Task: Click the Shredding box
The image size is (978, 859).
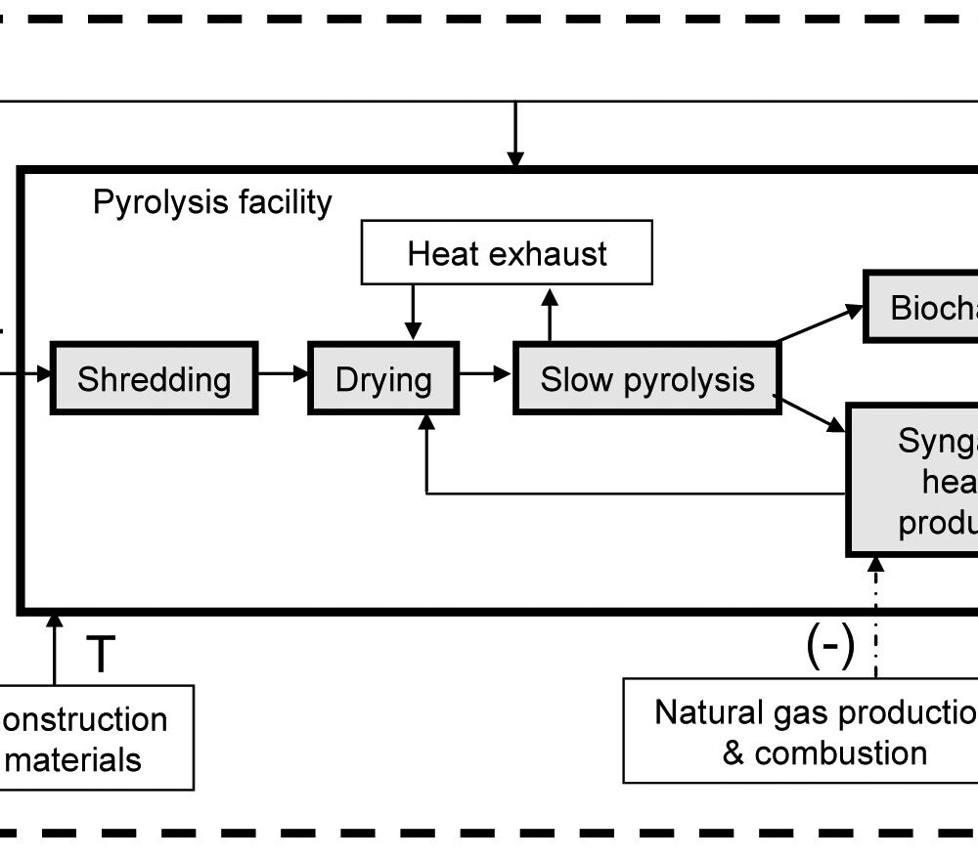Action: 154,378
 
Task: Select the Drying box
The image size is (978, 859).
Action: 383,378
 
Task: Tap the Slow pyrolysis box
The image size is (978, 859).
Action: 647,378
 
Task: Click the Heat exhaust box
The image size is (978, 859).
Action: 507,253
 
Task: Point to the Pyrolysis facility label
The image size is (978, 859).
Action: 212,202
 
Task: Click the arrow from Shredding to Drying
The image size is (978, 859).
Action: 284,373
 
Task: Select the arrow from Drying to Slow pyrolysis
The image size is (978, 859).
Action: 487,373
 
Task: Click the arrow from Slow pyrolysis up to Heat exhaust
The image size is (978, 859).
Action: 550,314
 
